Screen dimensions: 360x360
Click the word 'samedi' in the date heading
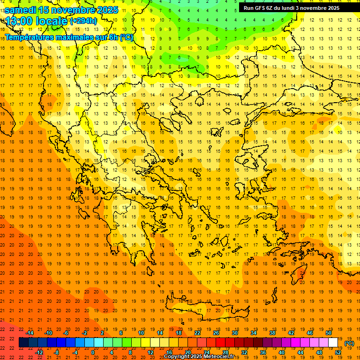point(21,10)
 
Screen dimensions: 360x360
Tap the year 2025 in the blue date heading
point(108,10)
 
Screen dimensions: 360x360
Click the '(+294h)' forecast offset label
point(83,21)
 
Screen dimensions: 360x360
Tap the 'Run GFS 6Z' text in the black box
point(259,8)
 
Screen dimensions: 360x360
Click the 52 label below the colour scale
point(338,352)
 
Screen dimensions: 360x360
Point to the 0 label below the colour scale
point(92,352)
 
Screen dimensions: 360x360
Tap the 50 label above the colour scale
point(329,332)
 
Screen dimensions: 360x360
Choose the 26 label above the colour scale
point(216,332)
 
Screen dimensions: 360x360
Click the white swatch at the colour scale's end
point(333,343)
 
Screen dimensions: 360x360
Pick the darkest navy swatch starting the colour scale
point(23,343)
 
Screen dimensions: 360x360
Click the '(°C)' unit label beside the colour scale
point(349,343)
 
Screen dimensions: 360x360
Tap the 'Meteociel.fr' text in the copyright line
point(218,357)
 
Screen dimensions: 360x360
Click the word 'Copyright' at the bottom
point(177,357)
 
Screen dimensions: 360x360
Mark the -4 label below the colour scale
point(75,352)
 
